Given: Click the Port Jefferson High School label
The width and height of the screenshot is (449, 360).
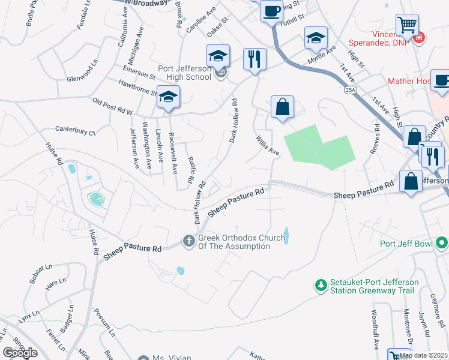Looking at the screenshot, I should coord(184,73).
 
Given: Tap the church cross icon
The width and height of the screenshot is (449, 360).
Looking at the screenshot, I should coord(188,242).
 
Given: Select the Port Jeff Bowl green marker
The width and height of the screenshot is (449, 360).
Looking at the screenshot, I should coord(442,244).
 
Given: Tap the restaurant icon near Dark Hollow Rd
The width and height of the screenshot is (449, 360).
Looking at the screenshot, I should coord(255,59).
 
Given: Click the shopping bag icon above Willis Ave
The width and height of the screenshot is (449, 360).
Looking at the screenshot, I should coord(282,108).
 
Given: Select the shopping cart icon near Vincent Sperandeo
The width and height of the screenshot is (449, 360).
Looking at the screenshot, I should coord(408,25).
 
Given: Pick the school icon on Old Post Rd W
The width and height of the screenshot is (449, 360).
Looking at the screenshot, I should coord(169,97).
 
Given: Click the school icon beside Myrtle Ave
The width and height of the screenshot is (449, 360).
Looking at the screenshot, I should coord(316,38).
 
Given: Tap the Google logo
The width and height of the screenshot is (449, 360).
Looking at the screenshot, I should coord(20,353).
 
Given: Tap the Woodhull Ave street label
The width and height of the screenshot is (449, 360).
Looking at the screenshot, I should coord(374,338).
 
